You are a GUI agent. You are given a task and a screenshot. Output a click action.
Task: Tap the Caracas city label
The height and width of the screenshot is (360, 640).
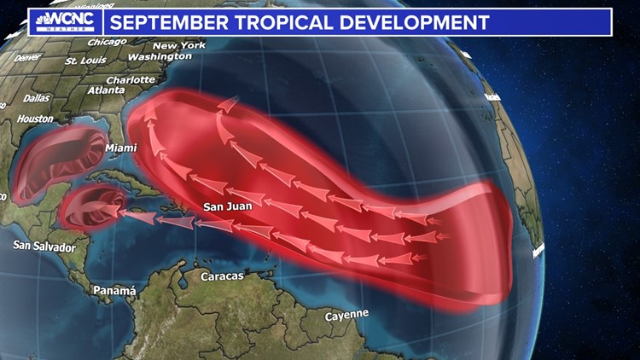[x=222, y=276]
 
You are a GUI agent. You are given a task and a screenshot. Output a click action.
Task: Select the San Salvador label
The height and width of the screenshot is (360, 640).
[x=44, y=247]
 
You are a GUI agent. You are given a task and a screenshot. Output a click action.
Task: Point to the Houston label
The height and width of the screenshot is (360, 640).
[x=35, y=119]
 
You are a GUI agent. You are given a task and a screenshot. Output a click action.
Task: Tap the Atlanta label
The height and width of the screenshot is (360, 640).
[x=106, y=90]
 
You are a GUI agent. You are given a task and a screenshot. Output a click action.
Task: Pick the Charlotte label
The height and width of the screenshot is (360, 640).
[x=131, y=81]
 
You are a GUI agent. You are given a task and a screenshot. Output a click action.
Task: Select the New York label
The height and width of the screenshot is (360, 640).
[x=180, y=45]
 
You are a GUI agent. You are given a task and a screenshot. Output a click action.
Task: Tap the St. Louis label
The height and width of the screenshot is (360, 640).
[x=84, y=61]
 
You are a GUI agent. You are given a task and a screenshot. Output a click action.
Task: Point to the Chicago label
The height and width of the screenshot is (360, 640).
[x=107, y=41]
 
